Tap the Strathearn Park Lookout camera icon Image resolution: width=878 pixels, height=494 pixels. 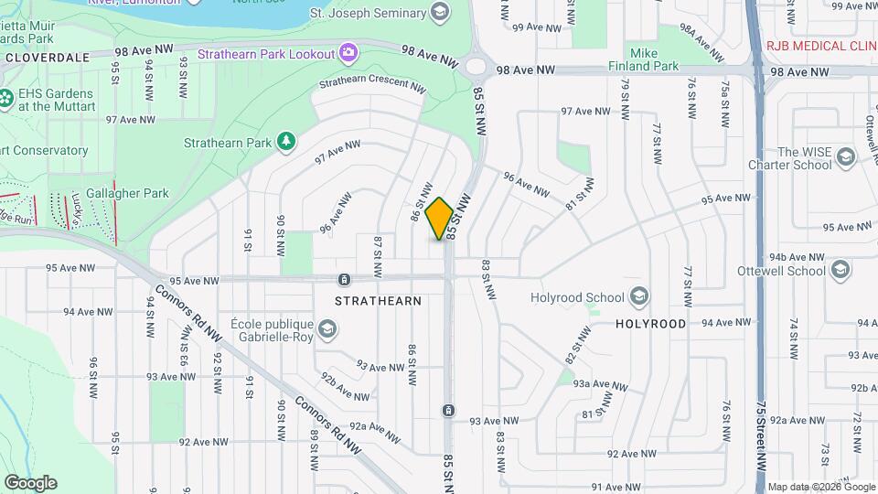pyautogui.click(x=348, y=52)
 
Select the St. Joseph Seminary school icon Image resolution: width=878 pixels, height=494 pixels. pyautogui.click(x=440, y=12)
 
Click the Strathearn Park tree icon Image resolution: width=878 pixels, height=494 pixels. pyautogui.click(x=287, y=142)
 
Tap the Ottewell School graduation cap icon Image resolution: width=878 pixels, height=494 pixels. pyautogui.click(x=841, y=270)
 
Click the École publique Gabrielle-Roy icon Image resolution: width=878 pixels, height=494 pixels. pyautogui.click(x=327, y=328)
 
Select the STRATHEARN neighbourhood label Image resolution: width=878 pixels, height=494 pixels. pyautogui.click(x=378, y=300)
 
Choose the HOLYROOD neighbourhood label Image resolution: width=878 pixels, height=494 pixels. pyautogui.click(x=650, y=324)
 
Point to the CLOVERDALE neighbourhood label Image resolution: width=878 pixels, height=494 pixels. pyautogui.click(x=48, y=57)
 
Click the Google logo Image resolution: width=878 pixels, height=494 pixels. pyautogui.click(x=30, y=482)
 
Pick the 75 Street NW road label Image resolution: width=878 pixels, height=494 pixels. pyautogui.click(x=762, y=439)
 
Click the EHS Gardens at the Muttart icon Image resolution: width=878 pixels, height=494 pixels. pyautogui.click(x=6, y=98)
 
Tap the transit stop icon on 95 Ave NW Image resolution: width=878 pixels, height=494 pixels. pyautogui.click(x=343, y=279)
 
